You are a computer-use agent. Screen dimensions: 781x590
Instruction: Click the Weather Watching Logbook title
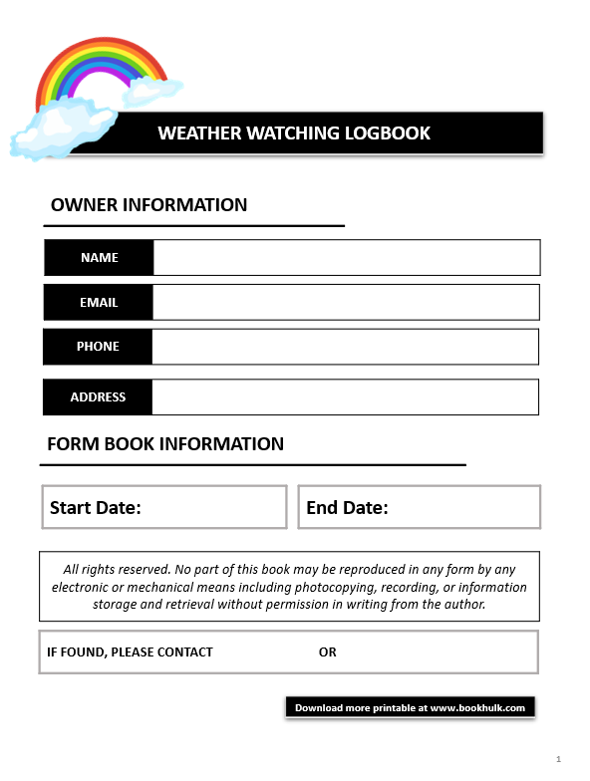[294, 133]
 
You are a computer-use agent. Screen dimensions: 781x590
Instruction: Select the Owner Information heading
[148, 205]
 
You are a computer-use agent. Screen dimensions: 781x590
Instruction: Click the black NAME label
[99, 257]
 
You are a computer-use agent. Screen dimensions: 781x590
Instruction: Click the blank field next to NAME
[346, 257]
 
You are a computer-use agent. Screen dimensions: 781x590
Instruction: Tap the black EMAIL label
[99, 302]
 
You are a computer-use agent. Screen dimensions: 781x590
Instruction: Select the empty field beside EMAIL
[346, 302]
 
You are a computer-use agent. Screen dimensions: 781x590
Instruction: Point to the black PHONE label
[98, 347]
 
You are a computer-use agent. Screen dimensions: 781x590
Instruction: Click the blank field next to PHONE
[346, 347]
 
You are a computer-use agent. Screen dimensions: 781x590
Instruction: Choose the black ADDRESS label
[98, 396]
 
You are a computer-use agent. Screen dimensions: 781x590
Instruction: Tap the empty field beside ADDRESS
[346, 396]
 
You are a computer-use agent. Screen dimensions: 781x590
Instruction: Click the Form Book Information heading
[165, 444]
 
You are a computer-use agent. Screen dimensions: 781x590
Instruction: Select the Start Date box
[164, 507]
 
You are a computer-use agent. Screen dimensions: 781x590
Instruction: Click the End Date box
[419, 507]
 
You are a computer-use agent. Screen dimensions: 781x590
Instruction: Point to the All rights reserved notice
[289, 587]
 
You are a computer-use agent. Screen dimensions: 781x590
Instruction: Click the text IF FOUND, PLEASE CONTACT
[130, 652]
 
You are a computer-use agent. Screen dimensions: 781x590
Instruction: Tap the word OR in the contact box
[328, 652]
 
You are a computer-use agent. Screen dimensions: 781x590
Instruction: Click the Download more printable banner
[410, 707]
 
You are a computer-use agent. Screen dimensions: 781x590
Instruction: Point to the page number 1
[559, 760]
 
